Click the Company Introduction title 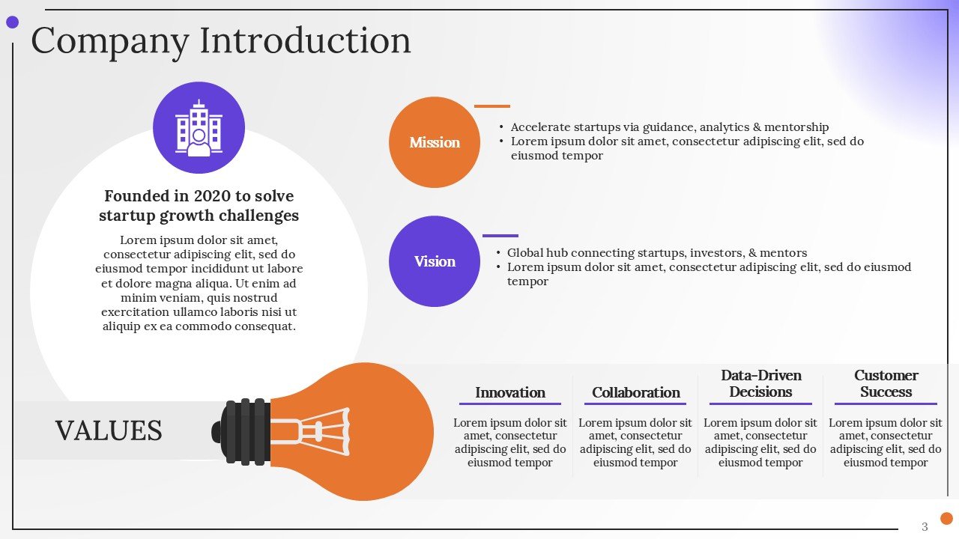(220, 40)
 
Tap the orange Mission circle (435, 142)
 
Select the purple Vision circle (435, 261)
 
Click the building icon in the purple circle (199, 128)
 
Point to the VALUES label (109, 430)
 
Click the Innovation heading (510, 392)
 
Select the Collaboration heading (636, 392)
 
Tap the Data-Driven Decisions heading (761, 383)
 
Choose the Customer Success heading (886, 383)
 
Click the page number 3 (925, 526)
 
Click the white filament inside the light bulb (318, 431)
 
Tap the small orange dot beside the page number (946, 518)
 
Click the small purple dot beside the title (12, 22)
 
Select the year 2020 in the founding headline (212, 196)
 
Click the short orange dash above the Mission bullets (492, 106)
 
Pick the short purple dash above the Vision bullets (500, 236)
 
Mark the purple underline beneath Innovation (510, 404)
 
